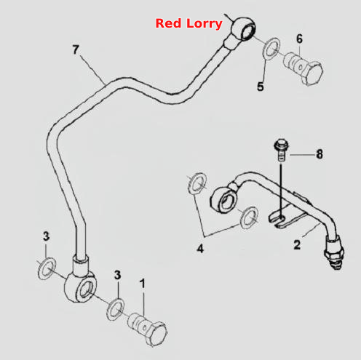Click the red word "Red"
pyautogui.click(x=168, y=23)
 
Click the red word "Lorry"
pyautogui.click(x=205, y=25)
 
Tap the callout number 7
pyautogui.click(x=76, y=49)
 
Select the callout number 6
pyautogui.click(x=300, y=39)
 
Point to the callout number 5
pyautogui.click(x=261, y=87)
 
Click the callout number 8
pyautogui.click(x=320, y=154)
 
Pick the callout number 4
pyautogui.click(x=200, y=249)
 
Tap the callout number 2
pyautogui.click(x=297, y=244)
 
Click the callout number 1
pyautogui.click(x=143, y=284)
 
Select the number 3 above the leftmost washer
pyautogui.click(x=46, y=236)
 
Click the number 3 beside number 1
pyautogui.click(x=117, y=275)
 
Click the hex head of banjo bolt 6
pyautogui.click(x=312, y=73)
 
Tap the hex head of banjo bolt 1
pyautogui.click(x=156, y=334)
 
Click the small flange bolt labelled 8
pyautogui.click(x=281, y=150)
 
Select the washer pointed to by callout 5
pyautogui.click(x=271, y=49)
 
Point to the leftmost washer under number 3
pyautogui.click(x=47, y=268)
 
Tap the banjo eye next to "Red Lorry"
pyautogui.click(x=243, y=28)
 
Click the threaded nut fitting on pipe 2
pyautogui.click(x=335, y=253)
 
